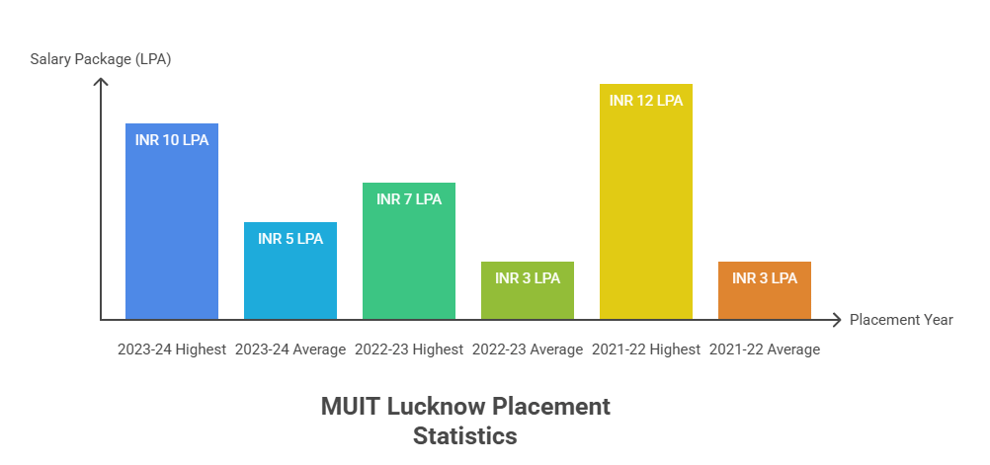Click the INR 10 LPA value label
pos(172,140)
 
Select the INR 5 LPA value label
pos(290,239)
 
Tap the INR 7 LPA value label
pos(409,199)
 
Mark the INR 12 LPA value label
pos(646,101)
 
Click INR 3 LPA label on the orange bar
pos(765,278)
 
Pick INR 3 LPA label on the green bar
pos(528,278)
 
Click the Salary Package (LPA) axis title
pos(101,59)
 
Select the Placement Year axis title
pos(901,320)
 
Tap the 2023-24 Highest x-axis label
pos(172,349)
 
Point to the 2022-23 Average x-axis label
pos(528,349)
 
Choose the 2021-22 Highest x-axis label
pos(646,349)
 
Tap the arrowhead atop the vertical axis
pos(101,82)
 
